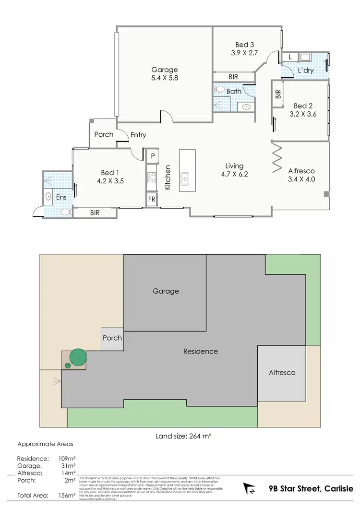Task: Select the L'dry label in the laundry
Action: click(305, 71)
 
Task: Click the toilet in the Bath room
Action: click(219, 89)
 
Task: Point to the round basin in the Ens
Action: click(48, 196)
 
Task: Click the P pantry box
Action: click(152, 156)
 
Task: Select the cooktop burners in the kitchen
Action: click(152, 178)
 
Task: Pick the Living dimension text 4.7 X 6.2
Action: click(235, 175)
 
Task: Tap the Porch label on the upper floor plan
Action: click(104, 134)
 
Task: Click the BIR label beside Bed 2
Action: click(278, 94)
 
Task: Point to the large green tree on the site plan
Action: click(78, 357)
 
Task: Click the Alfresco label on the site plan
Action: click(281, 372)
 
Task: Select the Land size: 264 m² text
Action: click(184, 436)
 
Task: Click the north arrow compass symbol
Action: click(250, 489)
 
